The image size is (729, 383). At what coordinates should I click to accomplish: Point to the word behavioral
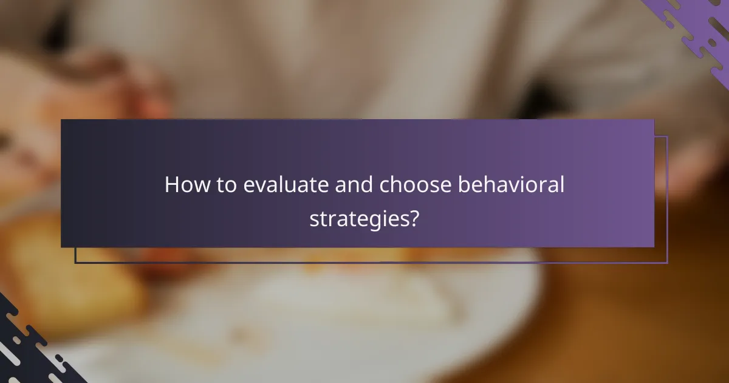(511, 185)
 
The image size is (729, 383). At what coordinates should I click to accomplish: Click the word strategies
(358, 219)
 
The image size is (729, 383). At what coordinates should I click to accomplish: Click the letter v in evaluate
(258, 186)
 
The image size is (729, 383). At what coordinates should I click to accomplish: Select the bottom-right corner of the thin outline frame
(667, 263)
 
